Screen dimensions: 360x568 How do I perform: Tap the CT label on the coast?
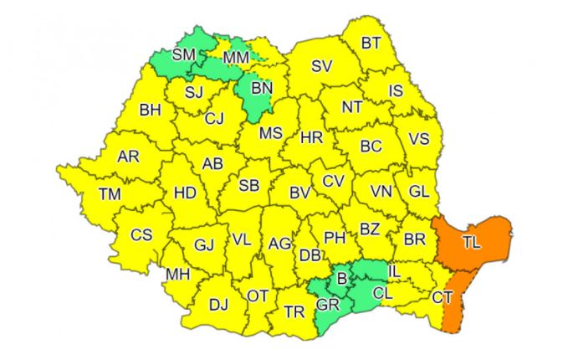[x=443, y=297]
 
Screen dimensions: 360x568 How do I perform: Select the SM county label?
[x=183, y=56]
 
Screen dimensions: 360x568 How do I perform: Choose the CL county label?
[x=381, y=293]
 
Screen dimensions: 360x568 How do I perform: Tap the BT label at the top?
[x=371, y=44]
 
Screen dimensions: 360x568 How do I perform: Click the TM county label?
[x=110, y=193]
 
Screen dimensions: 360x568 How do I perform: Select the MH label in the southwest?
[x=177, y=274]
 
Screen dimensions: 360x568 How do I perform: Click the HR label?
[x=311, y=136]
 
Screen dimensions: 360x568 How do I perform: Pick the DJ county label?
[x=218, y=303]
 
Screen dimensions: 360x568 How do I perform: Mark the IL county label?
[x=394, y=272]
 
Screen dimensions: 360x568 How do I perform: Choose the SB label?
[x=248, y=185]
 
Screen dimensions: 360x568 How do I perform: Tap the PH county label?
[x=335, y=237]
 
